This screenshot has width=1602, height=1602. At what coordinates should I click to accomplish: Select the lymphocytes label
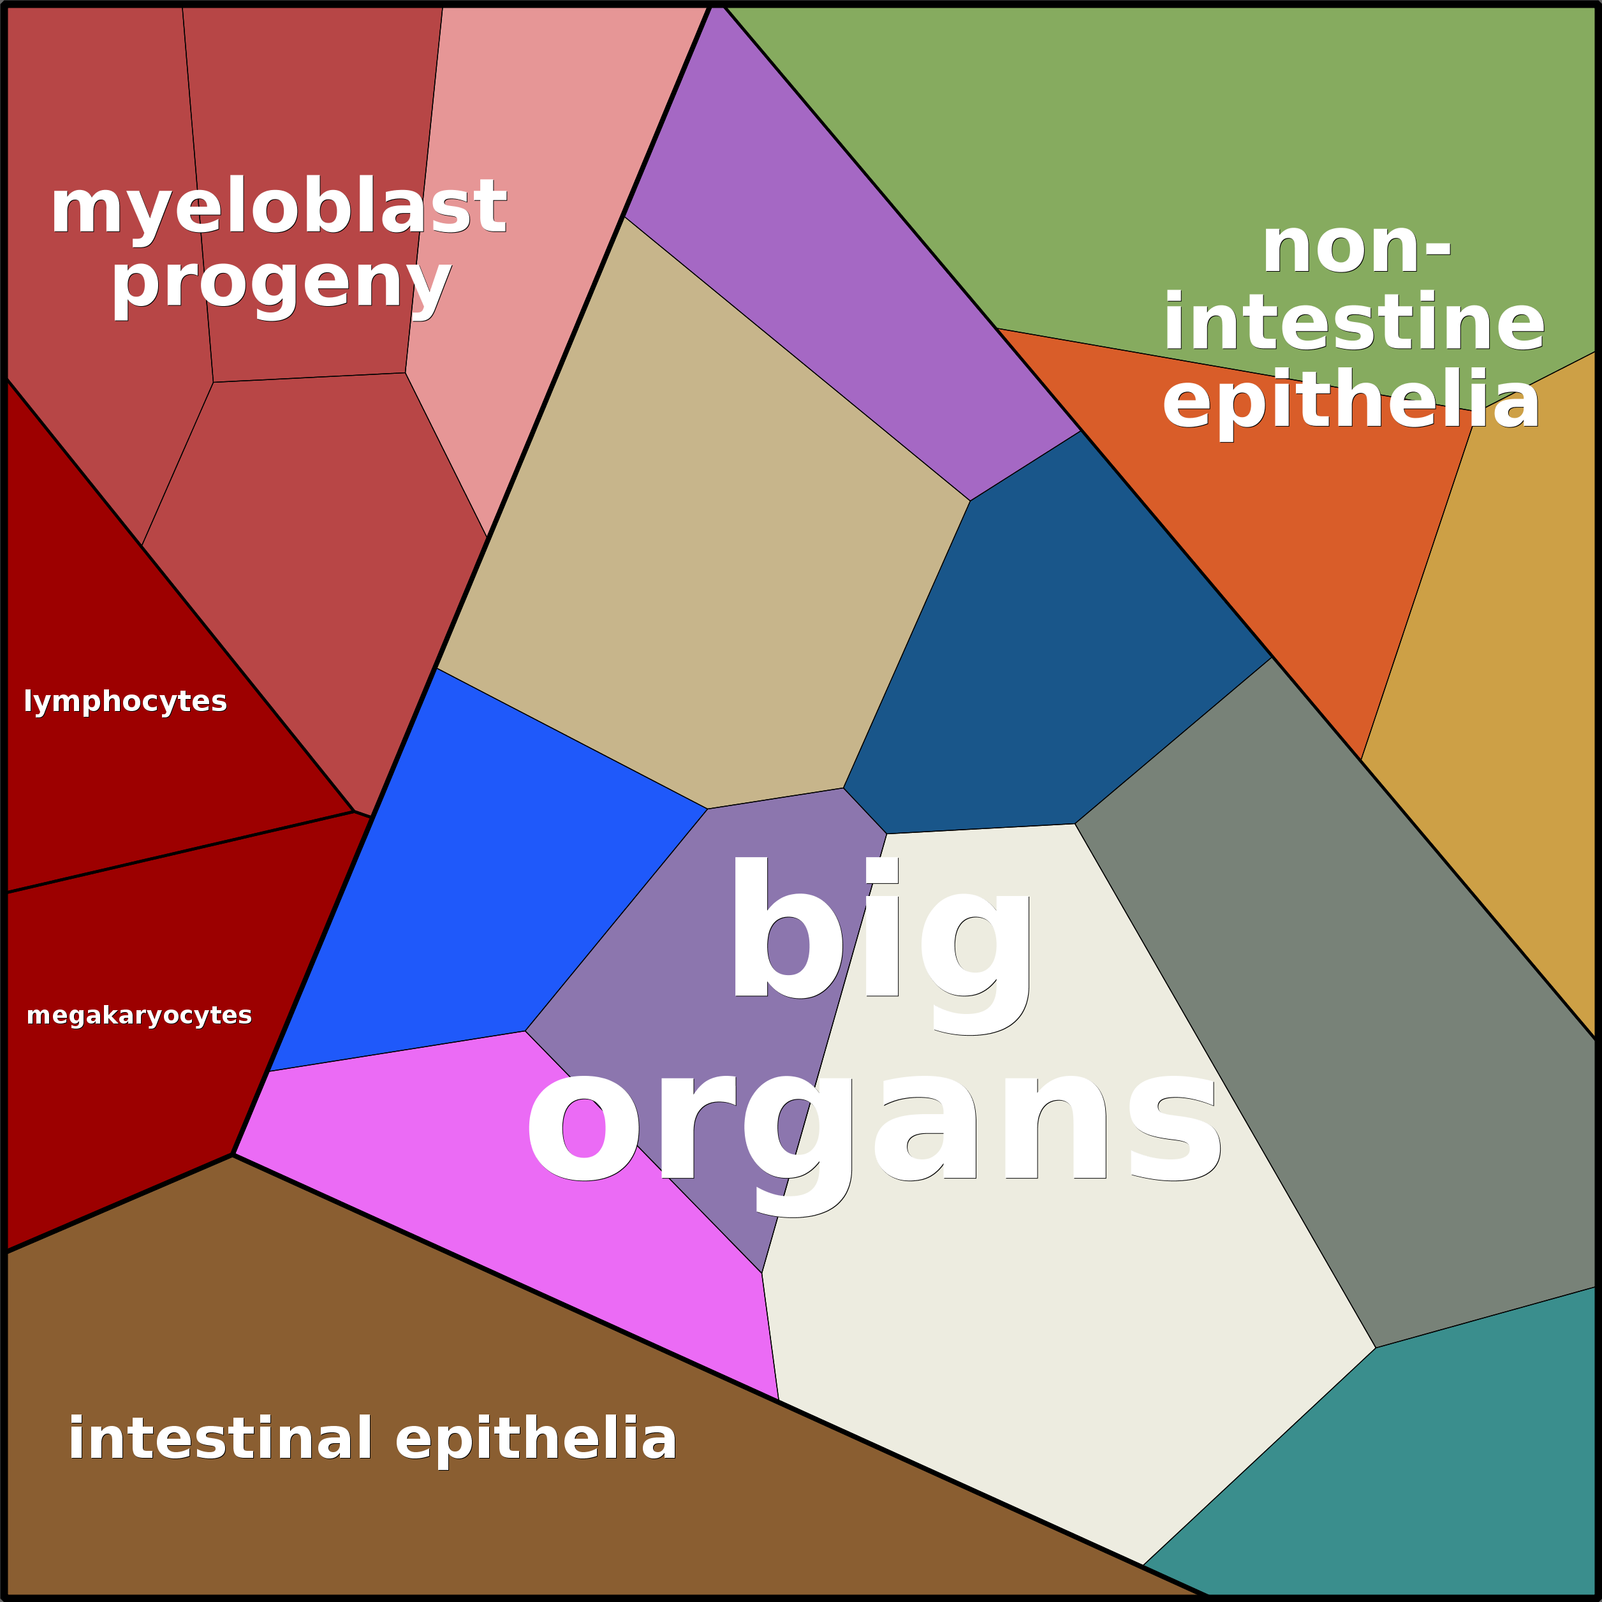point(125,702)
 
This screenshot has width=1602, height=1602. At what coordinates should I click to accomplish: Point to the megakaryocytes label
point(139,1016)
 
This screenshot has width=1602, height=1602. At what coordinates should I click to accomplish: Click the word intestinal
point(220,1439)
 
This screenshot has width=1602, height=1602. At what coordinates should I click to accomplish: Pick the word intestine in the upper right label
point(1354,323)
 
